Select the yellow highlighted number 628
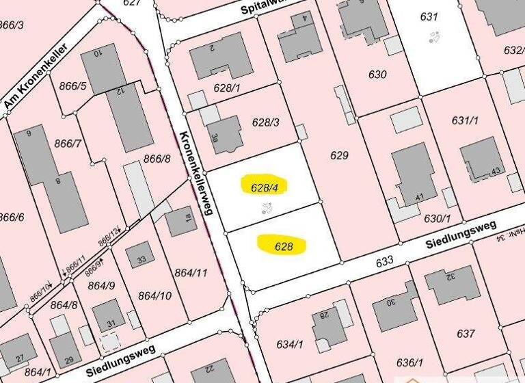click(x=282, y=244)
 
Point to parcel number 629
click(x=339, y=156)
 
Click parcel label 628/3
click(x=266, y=122)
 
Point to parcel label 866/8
click(x=157, y=159)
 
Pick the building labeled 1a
click(x=181, y=221)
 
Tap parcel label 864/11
click(x=191, y=273)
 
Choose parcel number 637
click(x=466, y=334)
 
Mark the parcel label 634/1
click(x=289, y=343)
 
